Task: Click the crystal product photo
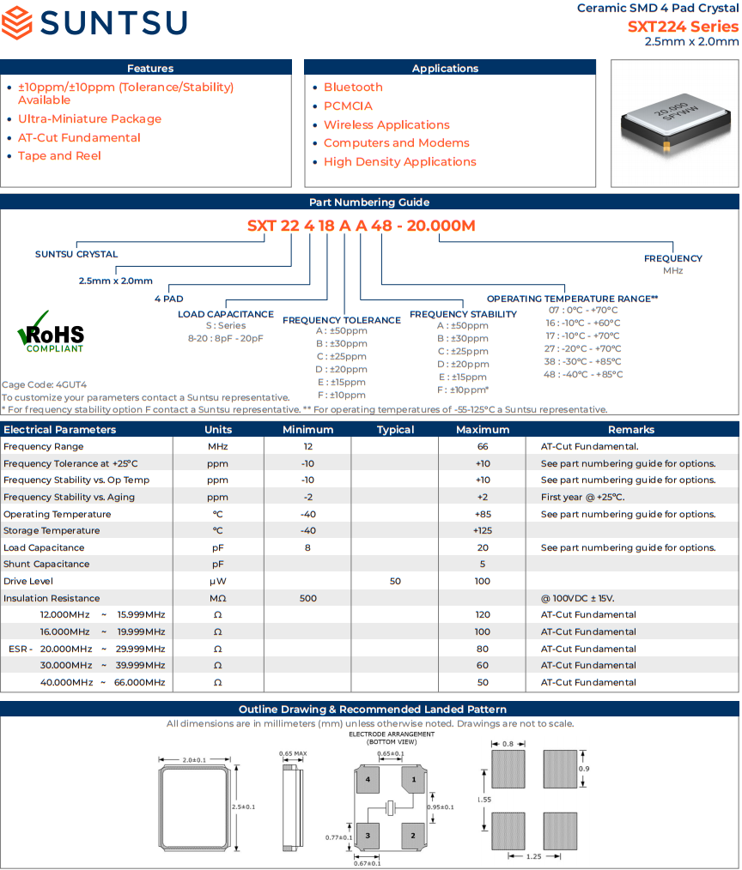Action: pos(675,124)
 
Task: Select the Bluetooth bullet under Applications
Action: pos(353,88)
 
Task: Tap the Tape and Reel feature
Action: pos(59,156)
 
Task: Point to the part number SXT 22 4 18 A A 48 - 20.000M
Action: pos(361,227)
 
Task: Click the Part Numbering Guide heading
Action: pos(369,202)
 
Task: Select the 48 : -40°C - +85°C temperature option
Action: pos(583,374)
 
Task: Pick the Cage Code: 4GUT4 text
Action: pos(45,385)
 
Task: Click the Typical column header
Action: pos(395,430)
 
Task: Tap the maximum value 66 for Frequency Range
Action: pos(483,446)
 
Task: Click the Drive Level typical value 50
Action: pos(395,582)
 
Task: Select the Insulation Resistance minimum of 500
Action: pos(307,598)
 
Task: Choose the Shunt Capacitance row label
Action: pos(46,565)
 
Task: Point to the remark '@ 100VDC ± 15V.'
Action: pos(577,598)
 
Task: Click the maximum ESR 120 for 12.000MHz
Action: pos(483,615)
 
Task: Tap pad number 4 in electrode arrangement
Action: pos(368,780)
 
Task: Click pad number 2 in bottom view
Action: pos(413,834)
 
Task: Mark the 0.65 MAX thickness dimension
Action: pos(293,753)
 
